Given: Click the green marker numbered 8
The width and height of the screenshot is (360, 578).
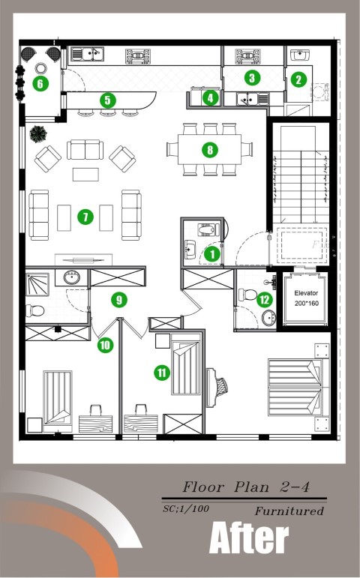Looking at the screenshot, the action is [x=210, y=150].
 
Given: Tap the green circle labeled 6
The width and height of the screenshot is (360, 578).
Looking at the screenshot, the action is [x=40, y=84].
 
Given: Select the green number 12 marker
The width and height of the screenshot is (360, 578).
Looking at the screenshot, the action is [x=265, y=300].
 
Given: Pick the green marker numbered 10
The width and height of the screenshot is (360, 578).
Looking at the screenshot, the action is [x=105, y=345].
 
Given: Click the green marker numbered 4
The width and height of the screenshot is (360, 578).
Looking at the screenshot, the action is [x=210, y=98].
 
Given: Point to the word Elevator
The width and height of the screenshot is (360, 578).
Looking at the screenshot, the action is [x=306, y=293].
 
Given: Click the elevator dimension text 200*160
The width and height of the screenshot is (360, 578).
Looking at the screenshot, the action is [x=307, y=304].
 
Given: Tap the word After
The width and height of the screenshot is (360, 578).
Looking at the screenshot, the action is [x=249, y=538].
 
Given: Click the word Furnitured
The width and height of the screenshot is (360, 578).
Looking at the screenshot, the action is [x=289, y=511].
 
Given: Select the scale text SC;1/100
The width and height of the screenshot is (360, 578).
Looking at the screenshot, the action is [x=186, y=509].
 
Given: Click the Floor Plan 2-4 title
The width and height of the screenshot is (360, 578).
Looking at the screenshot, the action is [x=246, y=487].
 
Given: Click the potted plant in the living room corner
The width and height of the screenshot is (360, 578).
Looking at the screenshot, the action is [x=38, y=134].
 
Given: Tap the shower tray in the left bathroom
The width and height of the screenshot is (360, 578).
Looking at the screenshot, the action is [x=37, y=284].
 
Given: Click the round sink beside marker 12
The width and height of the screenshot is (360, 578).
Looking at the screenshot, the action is [x=269, y=317].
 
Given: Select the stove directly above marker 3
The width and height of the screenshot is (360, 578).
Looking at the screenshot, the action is [x=247, y=56].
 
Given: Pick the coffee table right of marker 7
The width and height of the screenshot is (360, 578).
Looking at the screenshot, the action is [x=106, y=218].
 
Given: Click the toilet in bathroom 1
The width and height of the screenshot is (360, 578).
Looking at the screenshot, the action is [x=206, y=230].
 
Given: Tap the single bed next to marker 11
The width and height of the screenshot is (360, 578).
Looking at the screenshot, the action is [x=186, y=368].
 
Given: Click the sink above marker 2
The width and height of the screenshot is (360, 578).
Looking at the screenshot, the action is [x=300, y=55].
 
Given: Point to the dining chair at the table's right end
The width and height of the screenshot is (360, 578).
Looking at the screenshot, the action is [x=247, y=149].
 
